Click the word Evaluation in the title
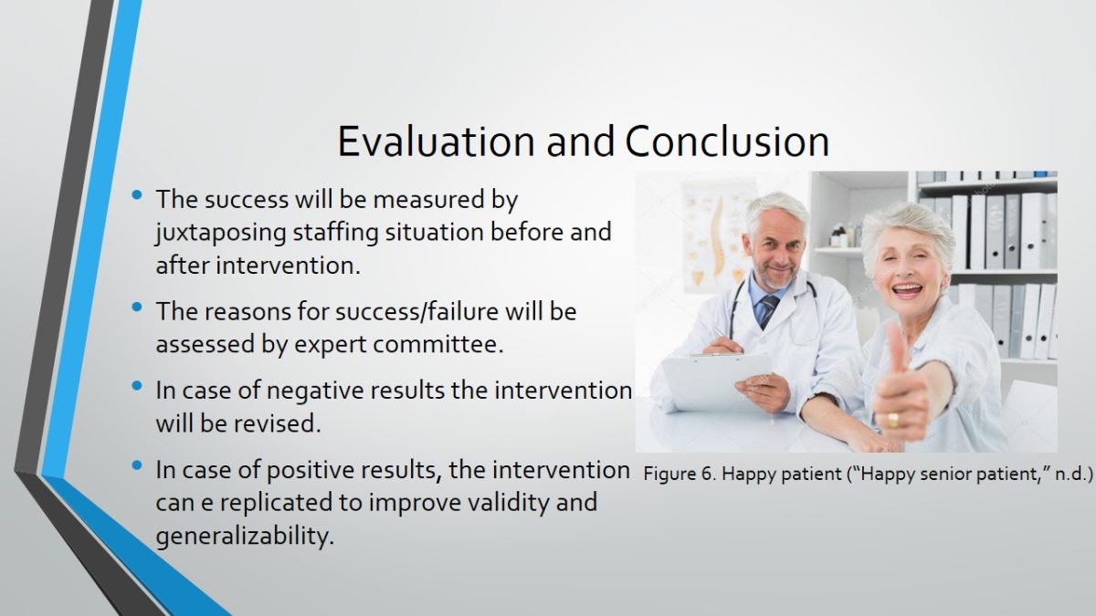click(436, 141)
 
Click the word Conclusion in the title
click(727, 141)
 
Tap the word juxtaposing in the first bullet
click(221, 233)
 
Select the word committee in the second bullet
click(437, 344)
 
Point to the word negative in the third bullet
click(330, 392)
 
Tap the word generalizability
click(245, 537)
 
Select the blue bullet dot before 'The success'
click(137, 195)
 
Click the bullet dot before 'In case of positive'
click(137, 465)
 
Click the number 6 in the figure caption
click(708, 474)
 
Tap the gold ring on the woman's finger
click(893, 420)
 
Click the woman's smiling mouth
click(907, 290)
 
